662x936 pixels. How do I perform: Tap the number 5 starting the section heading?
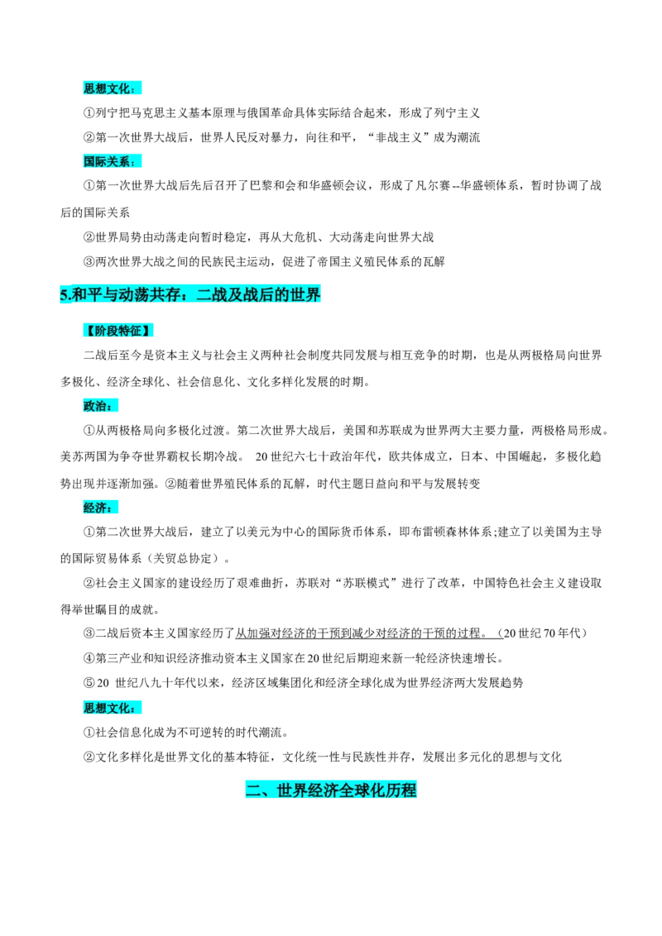(64, 294)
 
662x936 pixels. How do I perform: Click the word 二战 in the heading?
(212, 294)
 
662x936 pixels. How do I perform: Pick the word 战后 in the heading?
(258, 294)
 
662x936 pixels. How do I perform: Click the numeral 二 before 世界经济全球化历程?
(253, 790)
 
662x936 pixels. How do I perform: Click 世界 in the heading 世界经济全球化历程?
(292, 790)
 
